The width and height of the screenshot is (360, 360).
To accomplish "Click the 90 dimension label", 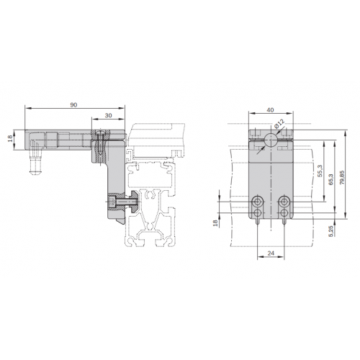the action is click(x=73, y=105).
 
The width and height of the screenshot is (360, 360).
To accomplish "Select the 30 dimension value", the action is click(x=109, y=115).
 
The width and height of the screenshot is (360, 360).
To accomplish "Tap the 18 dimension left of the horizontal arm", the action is click(x=10, y=138).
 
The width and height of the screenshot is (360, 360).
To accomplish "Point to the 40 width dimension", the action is click(x=270, y=110).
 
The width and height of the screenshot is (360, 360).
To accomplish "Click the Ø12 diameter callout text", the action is click(x=279, y=124).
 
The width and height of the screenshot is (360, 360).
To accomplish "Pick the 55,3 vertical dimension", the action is click(x=320, y=171).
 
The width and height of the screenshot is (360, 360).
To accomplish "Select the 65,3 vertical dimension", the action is click(x=331, y=179).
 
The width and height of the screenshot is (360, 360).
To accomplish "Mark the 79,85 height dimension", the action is click(x=342, y=177).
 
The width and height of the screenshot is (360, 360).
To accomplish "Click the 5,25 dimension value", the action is click(x=331, y=231).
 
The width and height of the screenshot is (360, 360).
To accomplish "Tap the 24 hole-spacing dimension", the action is click(x=271, y=253).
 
